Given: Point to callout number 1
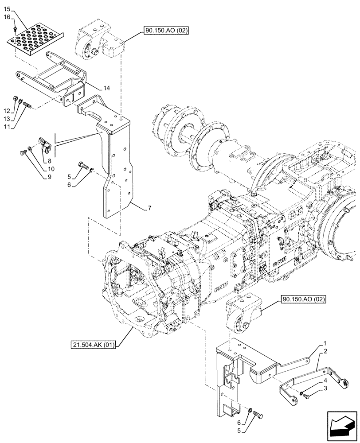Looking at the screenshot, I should (x=325, y=343).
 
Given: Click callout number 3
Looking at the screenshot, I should (x=325, y=388).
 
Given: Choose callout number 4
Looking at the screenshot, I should (x=325, y=381).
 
